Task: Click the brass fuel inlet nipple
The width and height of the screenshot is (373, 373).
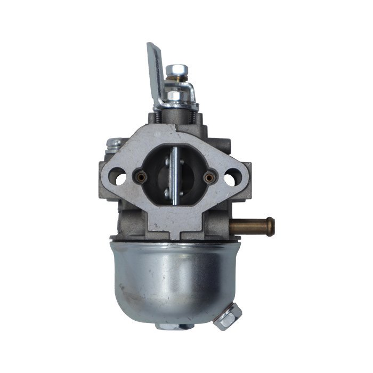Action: click(x=250, y=226)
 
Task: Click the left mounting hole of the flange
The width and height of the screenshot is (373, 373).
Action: click(x=120, y=176)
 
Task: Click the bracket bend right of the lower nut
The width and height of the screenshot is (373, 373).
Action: click(x=191, y=95)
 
